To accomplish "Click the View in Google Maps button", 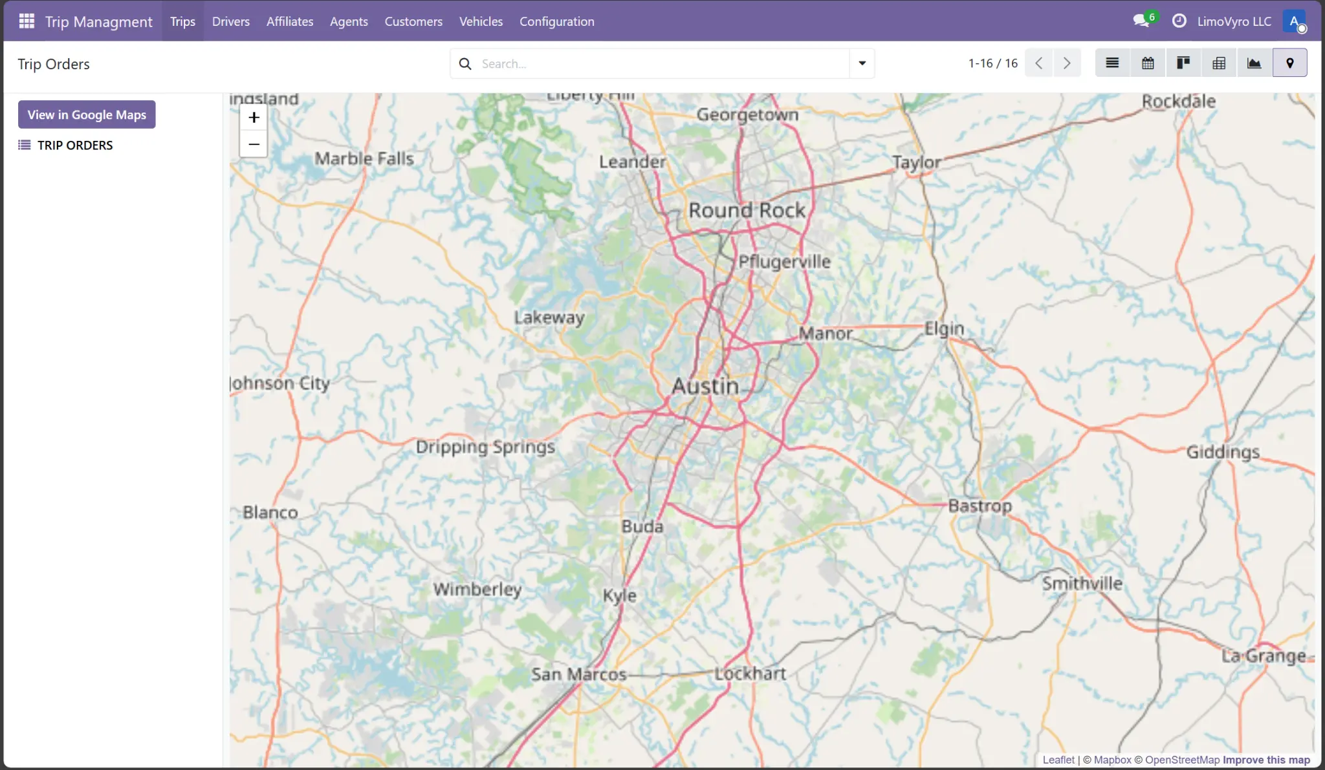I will point(87,114).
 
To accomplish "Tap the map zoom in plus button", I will point(254,117).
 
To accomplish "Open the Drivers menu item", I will point(230,21).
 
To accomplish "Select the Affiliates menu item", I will point(289,21).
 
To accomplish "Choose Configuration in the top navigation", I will point(556,21).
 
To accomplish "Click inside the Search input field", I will point(660,63).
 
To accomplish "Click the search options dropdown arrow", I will point(862,63).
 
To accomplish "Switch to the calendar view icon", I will point(1148,63).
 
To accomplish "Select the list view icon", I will point(1112,63).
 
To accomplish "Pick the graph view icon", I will point(1254,63).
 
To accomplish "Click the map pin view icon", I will point(1289,63).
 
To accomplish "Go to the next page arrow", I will point(1067,63).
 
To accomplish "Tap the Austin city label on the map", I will point(705,386).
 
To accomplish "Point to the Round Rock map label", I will point(747,210).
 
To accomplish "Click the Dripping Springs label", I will point(485,447).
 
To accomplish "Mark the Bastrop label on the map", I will point(980,506).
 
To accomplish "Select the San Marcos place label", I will point(578,674).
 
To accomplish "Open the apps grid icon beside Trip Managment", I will point(27,21).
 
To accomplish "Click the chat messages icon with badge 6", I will point(1141,21).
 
